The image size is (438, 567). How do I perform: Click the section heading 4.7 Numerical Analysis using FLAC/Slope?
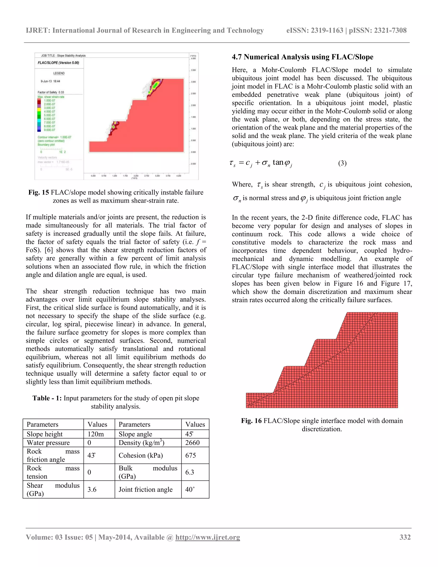click(x=302, y=57)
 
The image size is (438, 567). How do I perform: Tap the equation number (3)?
click(x=342, y=163)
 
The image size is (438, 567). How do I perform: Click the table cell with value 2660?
click(x=192, y=443)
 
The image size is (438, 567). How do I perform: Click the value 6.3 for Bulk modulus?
click(x=190, y=472)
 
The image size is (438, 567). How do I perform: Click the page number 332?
click(x=405, y=537)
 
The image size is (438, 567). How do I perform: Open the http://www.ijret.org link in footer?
click(x=208, y=537)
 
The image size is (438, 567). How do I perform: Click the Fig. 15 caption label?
click(x=38, y=192)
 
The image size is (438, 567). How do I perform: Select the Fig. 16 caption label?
click(x=251, y=421)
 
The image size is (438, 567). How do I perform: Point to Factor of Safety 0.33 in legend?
click(x=51, y=92)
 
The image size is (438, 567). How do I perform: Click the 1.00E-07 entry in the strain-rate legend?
click(x=49, y=101)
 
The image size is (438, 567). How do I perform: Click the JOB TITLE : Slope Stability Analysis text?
click(x=63, y=56)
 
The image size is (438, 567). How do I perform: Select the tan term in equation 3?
click(x=278, y=163)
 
